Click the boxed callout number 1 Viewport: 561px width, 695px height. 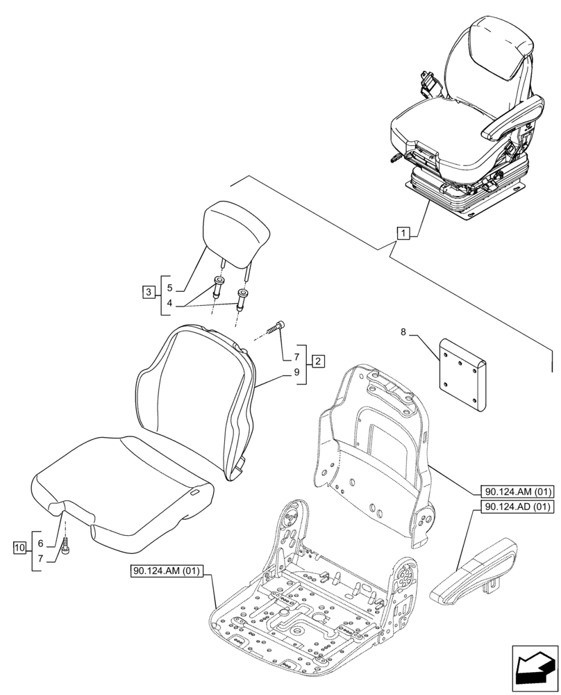(x=403, y=233)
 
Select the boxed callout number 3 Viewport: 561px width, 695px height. (x=149, y=293)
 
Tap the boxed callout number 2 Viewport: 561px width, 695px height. (x=317, y=361)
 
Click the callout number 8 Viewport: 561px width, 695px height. (x=404, y=333)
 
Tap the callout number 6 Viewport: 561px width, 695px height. (x=40, y=543)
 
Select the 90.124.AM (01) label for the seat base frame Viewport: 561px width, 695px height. (x=166, y=571)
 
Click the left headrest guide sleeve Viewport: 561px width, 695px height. (x=219, y=285)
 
